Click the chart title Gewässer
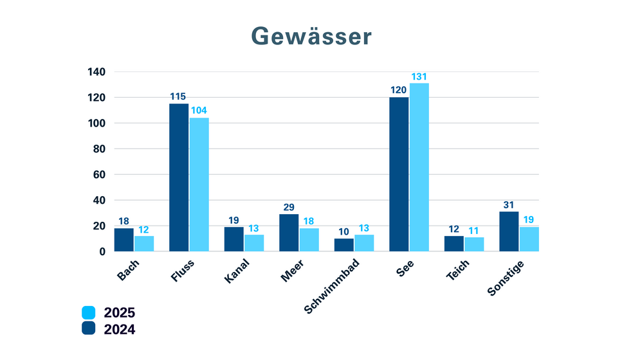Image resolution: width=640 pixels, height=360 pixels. click(x=311, y=36)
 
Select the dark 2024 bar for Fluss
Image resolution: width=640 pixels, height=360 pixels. click(x=179, y=177)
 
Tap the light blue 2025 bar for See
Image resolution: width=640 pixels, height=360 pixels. click(x=419, y=167)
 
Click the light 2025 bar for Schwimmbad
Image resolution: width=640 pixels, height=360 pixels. click(x=363, y=243)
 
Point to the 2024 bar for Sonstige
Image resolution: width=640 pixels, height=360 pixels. click(x=509, y=231)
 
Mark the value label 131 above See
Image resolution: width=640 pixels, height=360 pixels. click(x=419, y=77)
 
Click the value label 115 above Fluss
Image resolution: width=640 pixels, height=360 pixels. click(x=179, y=96)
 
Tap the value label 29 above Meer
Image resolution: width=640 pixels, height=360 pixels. click(x=289, y=207)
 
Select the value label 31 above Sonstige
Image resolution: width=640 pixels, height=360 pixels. click(x=509, y=204)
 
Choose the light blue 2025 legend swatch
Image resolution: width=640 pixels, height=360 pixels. click(x=89, y=313)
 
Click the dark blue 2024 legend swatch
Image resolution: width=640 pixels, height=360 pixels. click(x=89, y=329)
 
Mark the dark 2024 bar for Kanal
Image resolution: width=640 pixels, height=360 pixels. click(x=234, y=239)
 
